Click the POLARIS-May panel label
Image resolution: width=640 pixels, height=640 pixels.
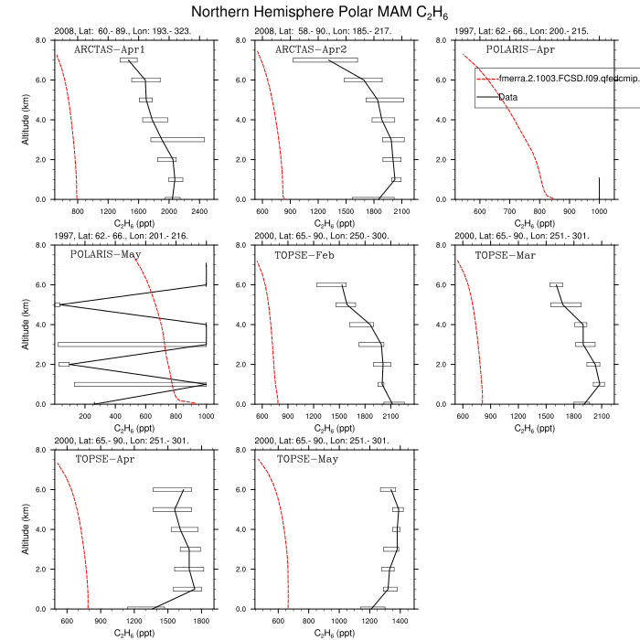point(104,253)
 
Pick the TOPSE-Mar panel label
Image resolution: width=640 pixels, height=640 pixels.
point(505,253)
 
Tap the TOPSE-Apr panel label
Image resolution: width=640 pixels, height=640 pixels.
point(104,458)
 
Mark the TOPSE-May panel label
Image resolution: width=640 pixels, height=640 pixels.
point(307,458)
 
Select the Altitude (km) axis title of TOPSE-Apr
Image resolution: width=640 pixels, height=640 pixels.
point(24,529)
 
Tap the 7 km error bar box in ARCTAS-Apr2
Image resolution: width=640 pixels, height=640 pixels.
point(325,59)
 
